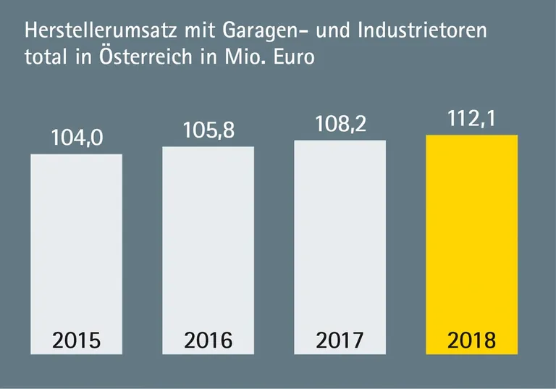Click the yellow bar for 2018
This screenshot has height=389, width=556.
click(x=471, y=239)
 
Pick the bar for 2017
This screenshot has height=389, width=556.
click(x=340, y=239)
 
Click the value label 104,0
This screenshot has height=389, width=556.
click(x=76, y=138)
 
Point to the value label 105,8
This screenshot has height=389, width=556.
click(x=208, y=131)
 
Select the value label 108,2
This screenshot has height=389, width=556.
click(x=340, y=124)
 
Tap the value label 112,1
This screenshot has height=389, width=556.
click(x=471, y=118)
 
